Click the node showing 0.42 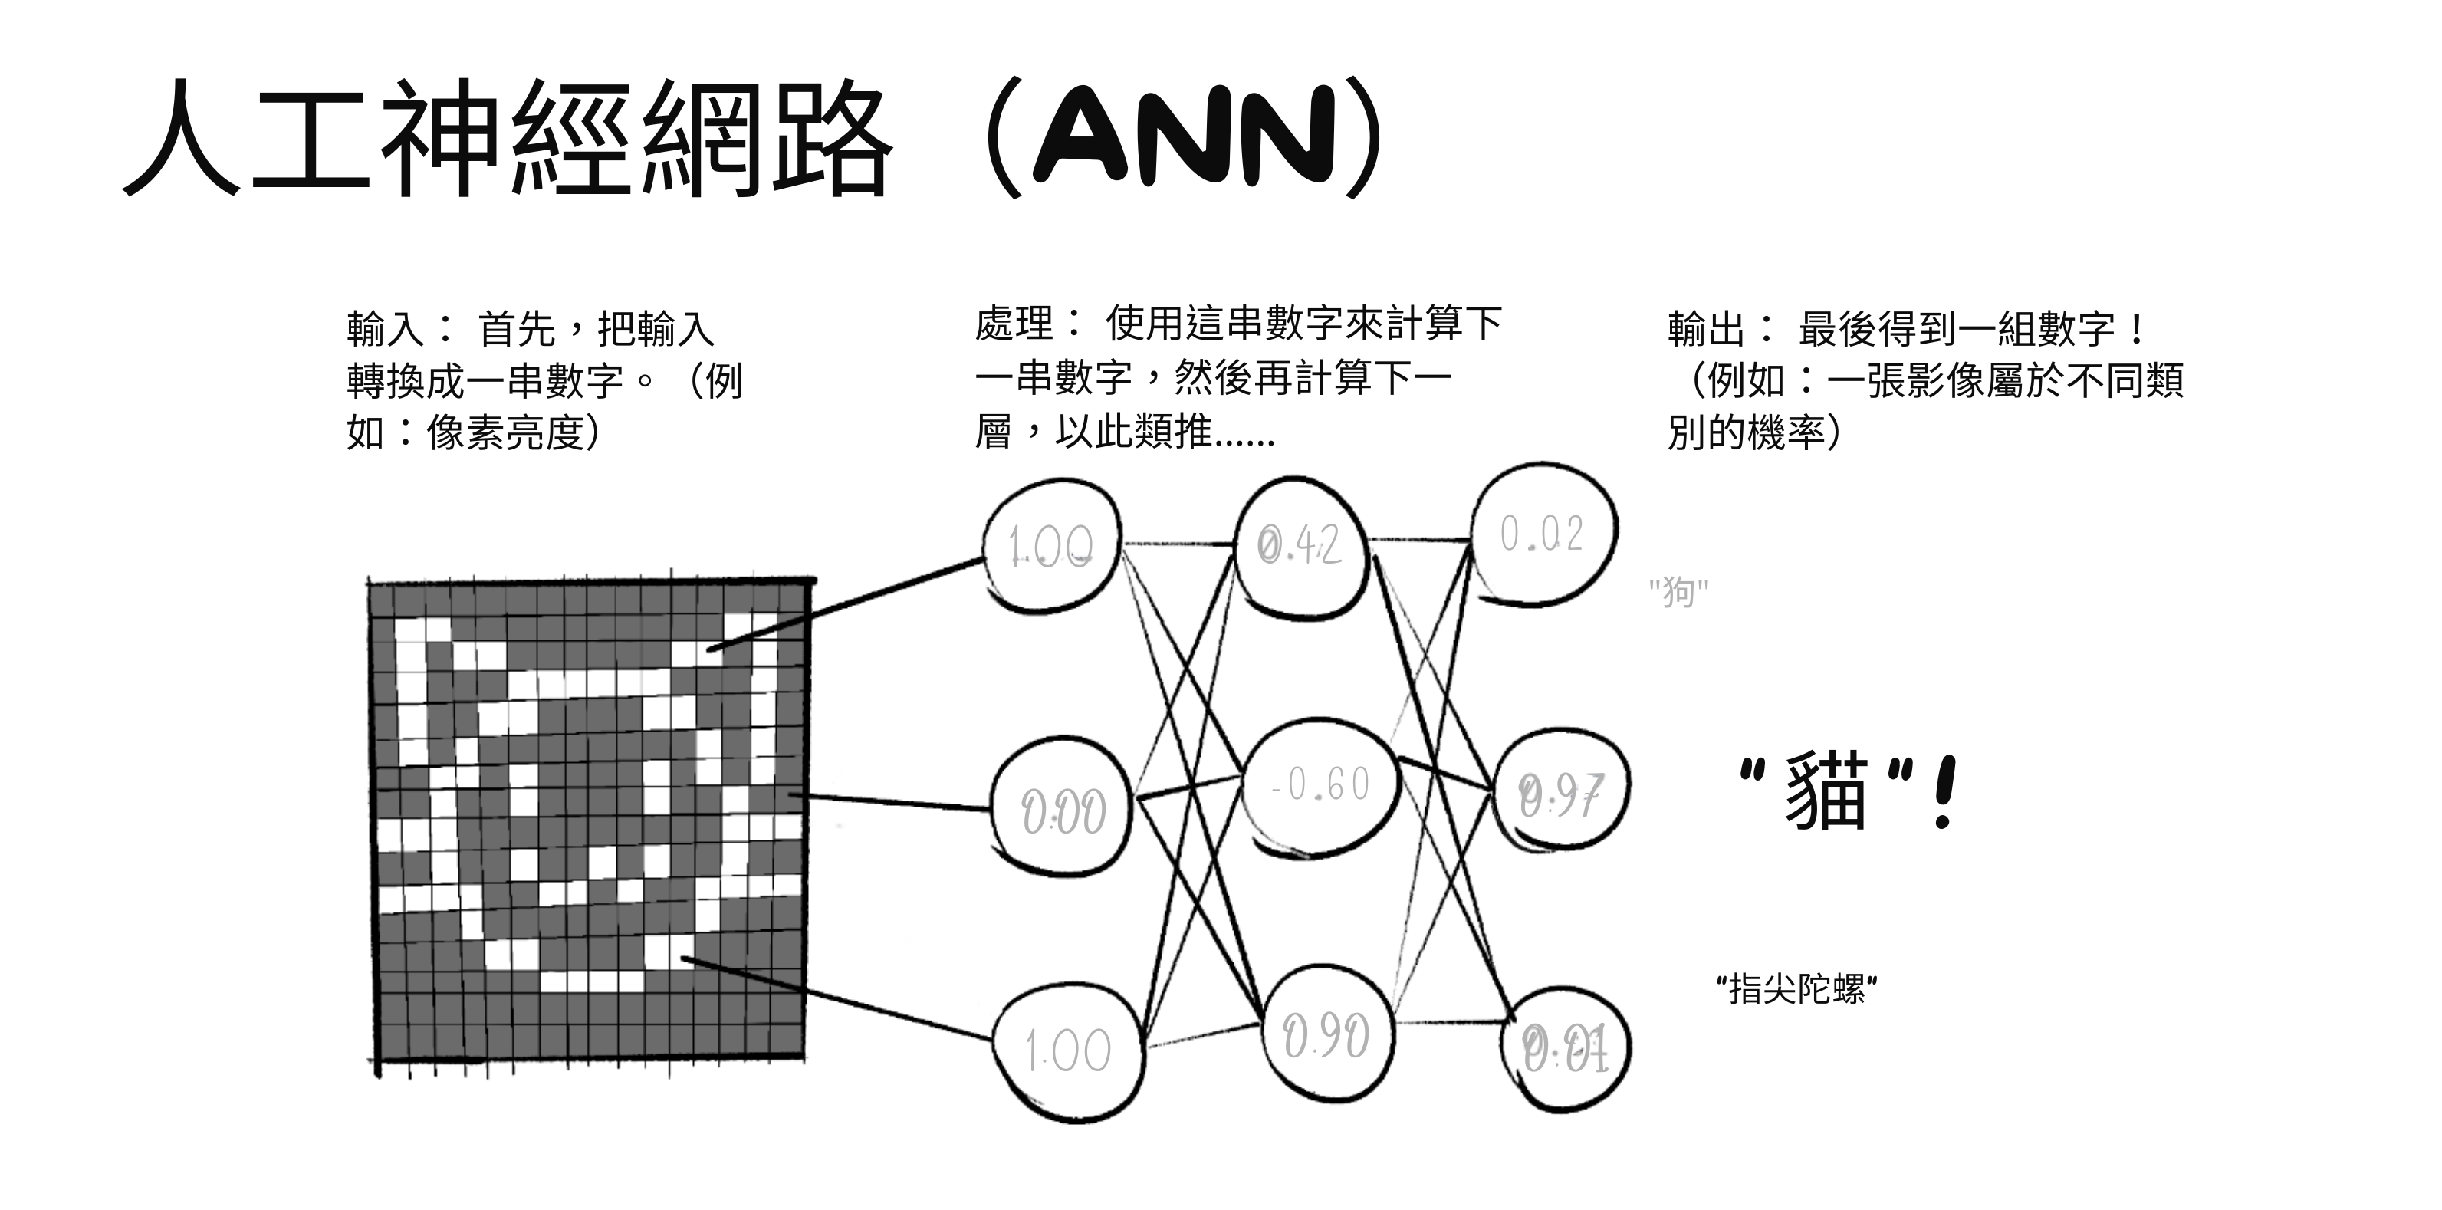click(1300, 545)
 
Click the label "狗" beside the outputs click(1678, 592)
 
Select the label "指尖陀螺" click(1797, 989)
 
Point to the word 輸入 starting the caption click(385, 329)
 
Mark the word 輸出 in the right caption click(1707, 329)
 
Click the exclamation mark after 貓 click(1944, 793)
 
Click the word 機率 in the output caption click(1787, 433)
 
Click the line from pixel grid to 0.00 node click(891, 802)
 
